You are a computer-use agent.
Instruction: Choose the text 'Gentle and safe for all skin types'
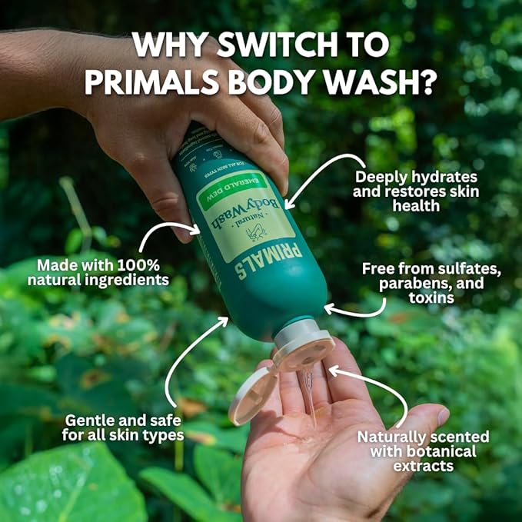(x=124, y=428)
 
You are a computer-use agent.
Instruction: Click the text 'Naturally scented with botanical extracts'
(x=423, y=451)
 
